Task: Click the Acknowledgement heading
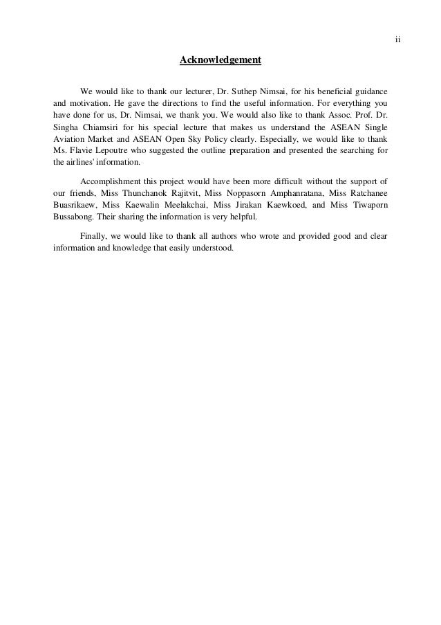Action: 220,61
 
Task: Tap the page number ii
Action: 397,39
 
